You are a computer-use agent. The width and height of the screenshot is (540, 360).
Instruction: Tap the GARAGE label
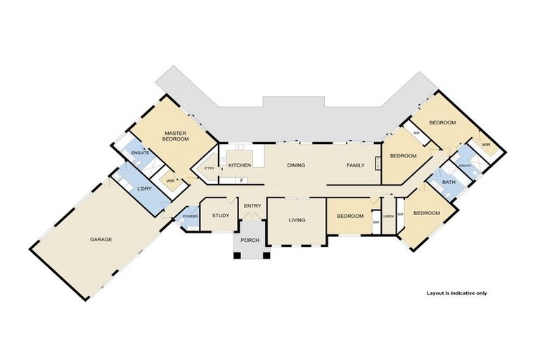tap(101, 239)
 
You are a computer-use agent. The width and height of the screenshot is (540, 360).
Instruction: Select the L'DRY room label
tap(144, 189)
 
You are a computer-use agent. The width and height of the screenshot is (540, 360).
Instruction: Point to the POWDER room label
tap(190, 216)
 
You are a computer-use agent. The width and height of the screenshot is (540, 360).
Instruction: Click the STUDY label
tap(221, 216)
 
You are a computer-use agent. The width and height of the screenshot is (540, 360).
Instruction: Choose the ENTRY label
tap(252, 205)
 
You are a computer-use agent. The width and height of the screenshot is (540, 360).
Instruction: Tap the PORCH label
tap(250, 240)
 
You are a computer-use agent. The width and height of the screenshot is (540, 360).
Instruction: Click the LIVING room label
tap(297, 220)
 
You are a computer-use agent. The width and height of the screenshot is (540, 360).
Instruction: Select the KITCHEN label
tap(240, 165)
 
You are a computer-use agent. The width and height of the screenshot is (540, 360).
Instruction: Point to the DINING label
tap(295, 165)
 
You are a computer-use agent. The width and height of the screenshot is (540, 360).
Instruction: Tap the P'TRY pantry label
tap(209, 168)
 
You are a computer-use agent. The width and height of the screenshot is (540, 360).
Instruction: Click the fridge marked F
tap(242, 180)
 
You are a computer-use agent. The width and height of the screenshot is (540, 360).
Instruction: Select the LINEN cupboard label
tap(387, 215)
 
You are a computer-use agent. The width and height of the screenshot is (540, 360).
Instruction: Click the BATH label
tap(449, 183)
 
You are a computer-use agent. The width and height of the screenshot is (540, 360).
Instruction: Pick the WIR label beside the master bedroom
tap(169, 181)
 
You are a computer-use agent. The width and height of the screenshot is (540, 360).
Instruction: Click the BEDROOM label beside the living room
tap(349, 216)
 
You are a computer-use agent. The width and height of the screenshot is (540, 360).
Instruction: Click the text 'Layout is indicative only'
tap(456, 292)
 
